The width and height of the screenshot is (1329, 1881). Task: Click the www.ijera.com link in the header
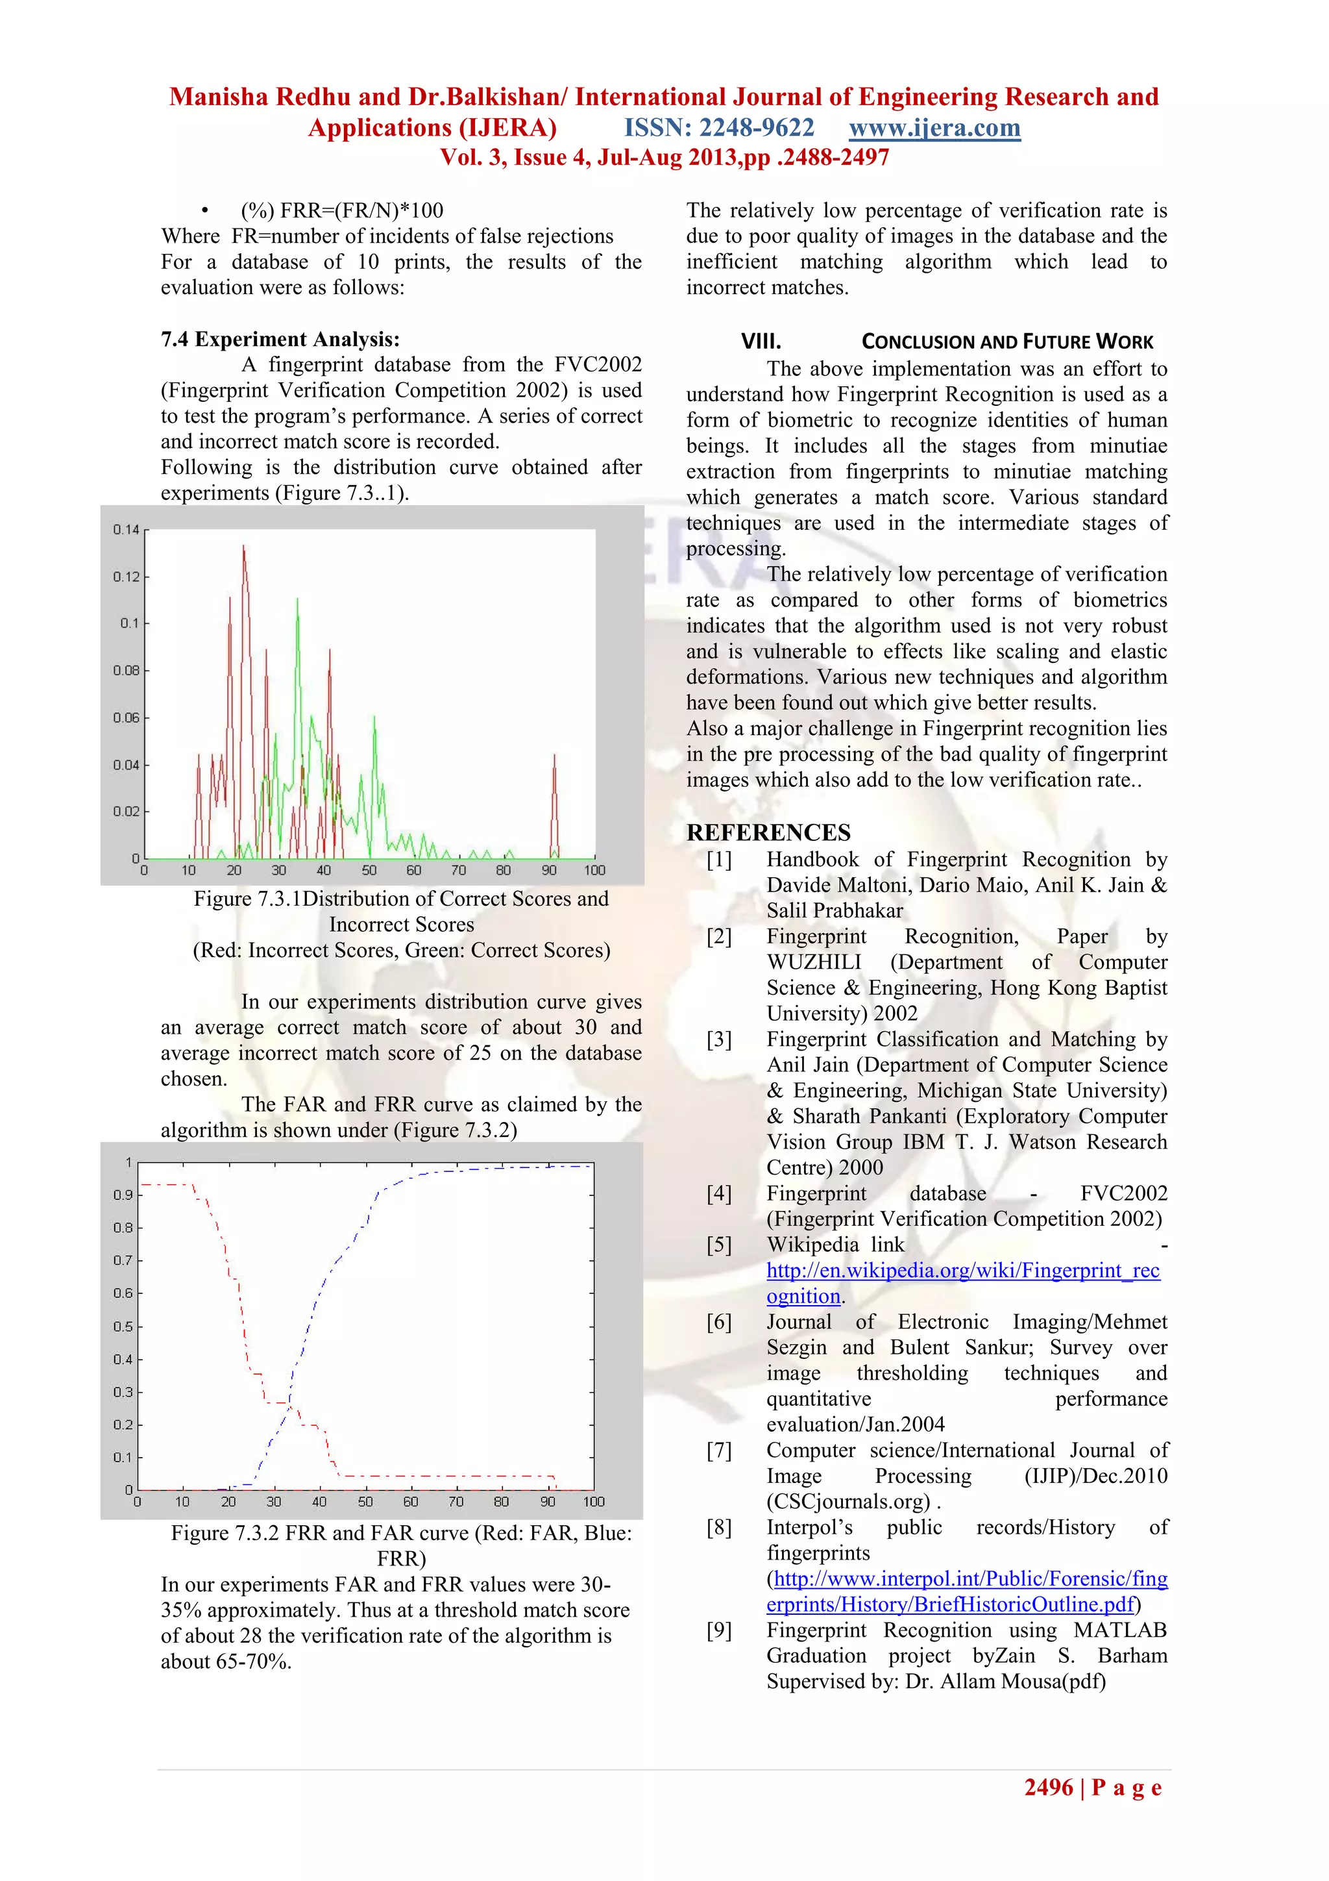[934, 128]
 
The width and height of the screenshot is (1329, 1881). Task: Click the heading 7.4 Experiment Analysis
[280, 339]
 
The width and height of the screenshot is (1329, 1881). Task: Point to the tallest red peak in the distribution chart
[244, 547]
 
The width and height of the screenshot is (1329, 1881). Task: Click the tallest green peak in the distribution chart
[297, 601]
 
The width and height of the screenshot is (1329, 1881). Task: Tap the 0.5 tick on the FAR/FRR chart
[123, 1327]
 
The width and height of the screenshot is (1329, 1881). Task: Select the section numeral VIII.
[761, 342]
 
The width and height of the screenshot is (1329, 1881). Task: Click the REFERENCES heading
[768, 832]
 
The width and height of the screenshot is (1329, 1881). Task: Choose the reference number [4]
[719, 1193]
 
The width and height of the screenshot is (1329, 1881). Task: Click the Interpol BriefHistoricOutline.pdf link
[950, 1604]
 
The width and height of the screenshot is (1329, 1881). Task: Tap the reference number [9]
[719, 1630]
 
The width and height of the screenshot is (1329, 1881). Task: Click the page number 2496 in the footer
[1048, 1788]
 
